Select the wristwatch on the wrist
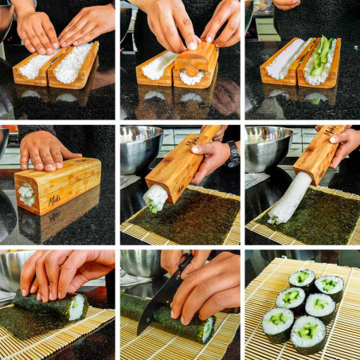233,153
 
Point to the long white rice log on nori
286,199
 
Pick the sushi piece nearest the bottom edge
307,331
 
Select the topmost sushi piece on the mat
302,279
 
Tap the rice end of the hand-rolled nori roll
77,307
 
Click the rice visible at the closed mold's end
26,193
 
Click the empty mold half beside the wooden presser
158,64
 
